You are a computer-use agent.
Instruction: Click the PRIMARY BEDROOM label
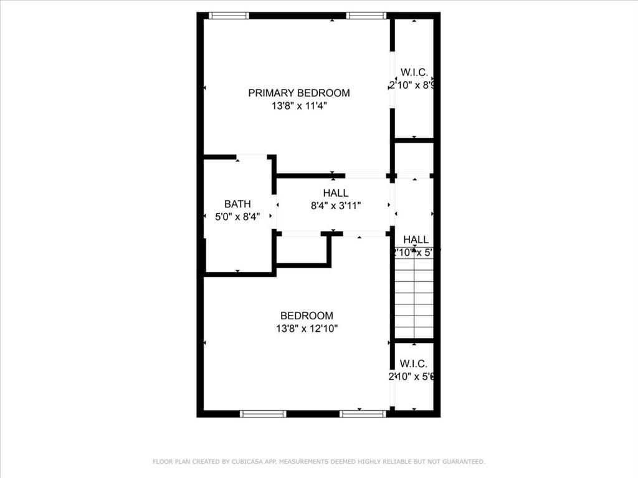[299, 93]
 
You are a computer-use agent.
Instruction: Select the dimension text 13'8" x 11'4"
[299, 106]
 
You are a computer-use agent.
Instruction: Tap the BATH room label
[237, 204]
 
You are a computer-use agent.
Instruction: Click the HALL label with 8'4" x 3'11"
[335, 193]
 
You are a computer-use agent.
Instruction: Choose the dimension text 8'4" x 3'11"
[335, 205]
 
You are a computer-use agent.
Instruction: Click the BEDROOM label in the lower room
[307, 316]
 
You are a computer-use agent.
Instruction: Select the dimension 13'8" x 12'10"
[307, 329]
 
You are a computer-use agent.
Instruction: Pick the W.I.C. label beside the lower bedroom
[413, 363]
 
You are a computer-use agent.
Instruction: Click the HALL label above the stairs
[416, 240]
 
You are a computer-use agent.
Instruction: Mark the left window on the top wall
[229, 16]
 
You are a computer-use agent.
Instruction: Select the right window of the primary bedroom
[366, 16]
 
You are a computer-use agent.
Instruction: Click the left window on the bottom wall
[263, 413]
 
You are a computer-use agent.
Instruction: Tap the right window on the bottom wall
[363, 413]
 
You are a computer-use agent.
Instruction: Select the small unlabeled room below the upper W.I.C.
[414, 159]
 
